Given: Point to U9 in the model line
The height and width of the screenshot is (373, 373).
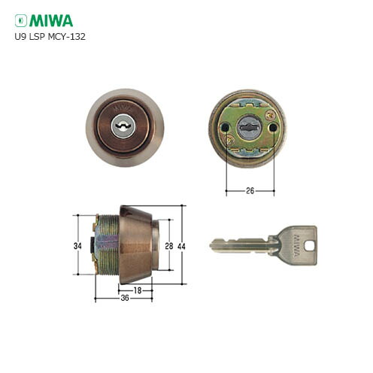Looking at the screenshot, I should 20,35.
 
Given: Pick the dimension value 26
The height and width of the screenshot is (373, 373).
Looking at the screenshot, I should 250,190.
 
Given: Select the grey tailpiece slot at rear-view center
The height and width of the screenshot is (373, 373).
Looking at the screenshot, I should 249,128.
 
